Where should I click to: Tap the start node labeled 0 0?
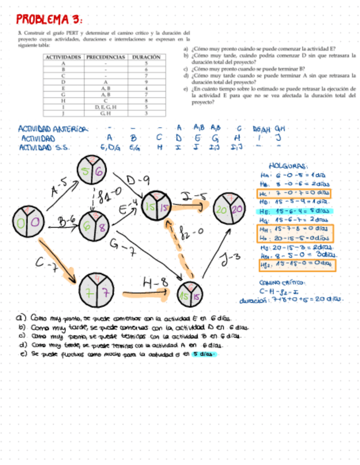pos(26,222)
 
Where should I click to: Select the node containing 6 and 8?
pos(95,226)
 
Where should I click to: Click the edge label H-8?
pos(154,283)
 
